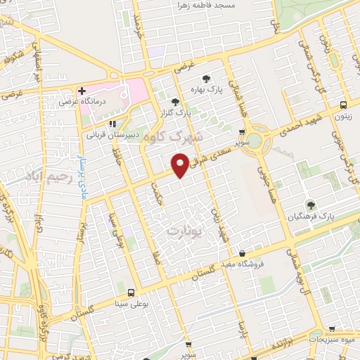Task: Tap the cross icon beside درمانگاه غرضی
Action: pos(82,91)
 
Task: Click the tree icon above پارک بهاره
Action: pos(206,79)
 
